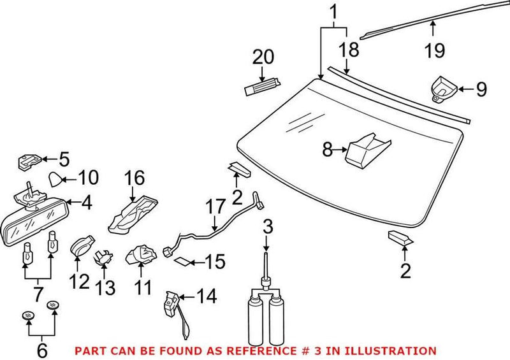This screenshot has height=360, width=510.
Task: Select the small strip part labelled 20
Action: tap(261, 85)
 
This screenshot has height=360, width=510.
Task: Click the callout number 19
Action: tap(435, 50)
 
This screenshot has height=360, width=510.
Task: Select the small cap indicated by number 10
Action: tap(57, 177)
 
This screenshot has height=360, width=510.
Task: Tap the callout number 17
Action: tap(215, 208)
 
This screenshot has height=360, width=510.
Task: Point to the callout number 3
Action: tap(268, 226)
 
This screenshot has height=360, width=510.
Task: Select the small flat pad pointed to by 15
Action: tap(182, 261)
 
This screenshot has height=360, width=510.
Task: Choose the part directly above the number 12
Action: tap(80, 246)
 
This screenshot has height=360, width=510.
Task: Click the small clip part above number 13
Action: tap(103, 257)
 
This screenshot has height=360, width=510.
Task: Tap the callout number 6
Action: tap(41, 349)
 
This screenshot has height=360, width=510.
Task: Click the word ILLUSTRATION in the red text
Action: tap(396, 350)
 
